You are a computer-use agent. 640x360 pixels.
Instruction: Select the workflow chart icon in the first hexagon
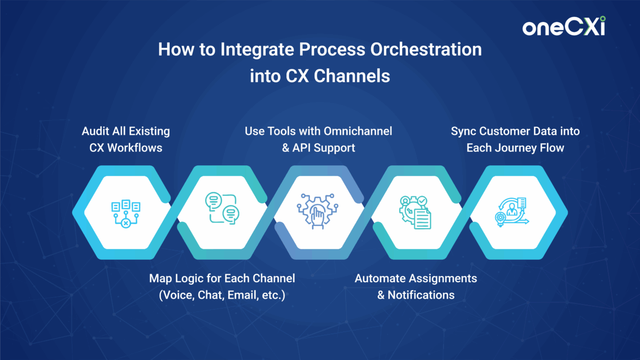[x=125, y=212]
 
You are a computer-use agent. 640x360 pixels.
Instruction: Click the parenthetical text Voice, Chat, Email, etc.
[x=222, y=295]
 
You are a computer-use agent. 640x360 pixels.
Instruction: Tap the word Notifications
[x=421, y=295]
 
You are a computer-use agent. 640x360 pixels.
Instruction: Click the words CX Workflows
[x=125, y=148]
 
